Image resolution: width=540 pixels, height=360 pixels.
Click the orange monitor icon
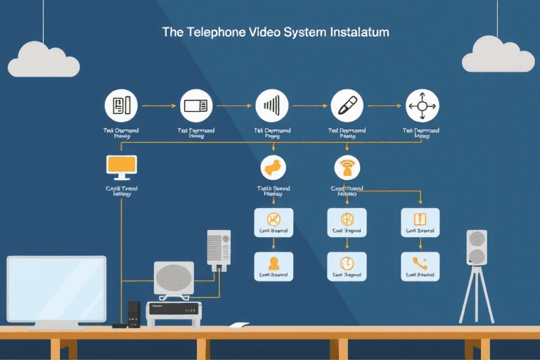pos(120,165)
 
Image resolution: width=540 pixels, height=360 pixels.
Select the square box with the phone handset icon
pos(420,266)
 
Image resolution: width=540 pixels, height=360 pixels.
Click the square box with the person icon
pos(272,266)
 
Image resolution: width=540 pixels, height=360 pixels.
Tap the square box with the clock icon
pos(346,266)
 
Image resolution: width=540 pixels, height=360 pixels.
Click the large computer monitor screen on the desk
pos(56,288)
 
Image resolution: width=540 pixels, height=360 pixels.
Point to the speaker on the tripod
pos(477,247)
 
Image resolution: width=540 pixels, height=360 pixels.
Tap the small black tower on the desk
pos(134,313)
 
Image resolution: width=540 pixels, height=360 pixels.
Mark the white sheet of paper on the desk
pos(240,325)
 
